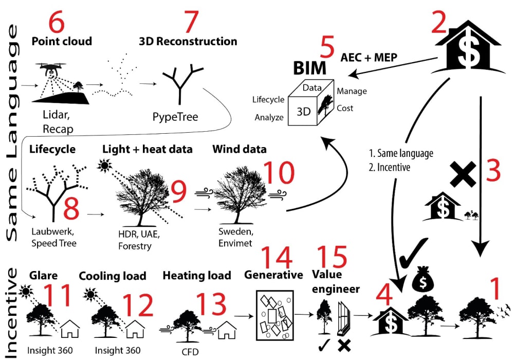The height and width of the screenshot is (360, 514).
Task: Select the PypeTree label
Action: [x=175, y=117]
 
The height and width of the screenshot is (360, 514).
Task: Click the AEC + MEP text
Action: [x=369, y=57]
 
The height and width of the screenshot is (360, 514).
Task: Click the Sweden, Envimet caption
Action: [x=235, y=238]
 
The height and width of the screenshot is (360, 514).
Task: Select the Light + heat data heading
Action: [x=147, y=150]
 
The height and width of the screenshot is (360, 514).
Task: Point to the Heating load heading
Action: [x=197, y=275]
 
